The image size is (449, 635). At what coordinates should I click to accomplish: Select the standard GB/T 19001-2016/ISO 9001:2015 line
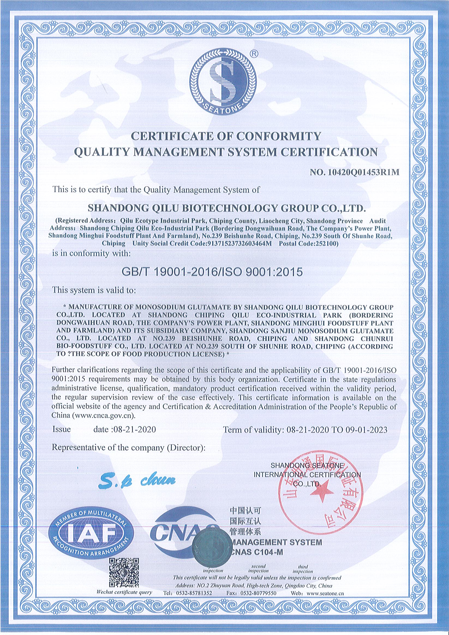(x=212, y=272)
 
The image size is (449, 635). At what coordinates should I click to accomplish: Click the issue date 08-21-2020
(x=133, y=429)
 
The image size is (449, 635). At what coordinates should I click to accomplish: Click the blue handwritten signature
(x=137, y=482)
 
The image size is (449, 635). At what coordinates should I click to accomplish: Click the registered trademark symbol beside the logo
(x=254, y=54)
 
